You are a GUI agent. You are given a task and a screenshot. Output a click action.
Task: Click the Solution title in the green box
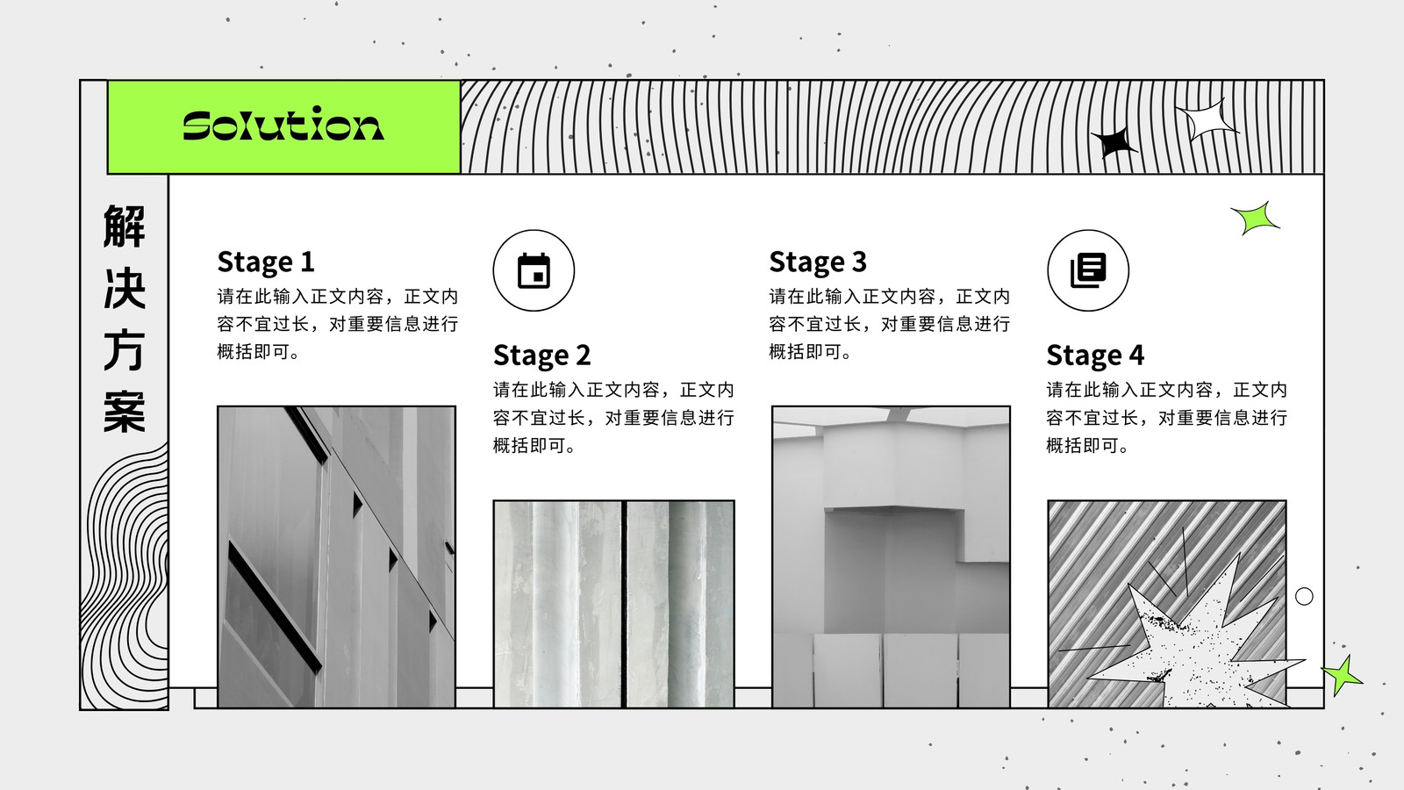coord(283,124)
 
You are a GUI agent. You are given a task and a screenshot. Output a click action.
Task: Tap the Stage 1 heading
coord(266,262)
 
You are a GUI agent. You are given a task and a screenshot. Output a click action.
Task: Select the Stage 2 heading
coord(542,355)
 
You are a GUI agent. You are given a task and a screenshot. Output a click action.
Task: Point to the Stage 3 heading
coord(818,262)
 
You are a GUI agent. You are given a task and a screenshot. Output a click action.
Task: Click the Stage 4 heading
coord(1095,355)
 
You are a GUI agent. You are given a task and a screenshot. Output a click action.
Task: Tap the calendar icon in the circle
coord(534,271)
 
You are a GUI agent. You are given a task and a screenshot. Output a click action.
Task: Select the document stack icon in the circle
coord(1088,271)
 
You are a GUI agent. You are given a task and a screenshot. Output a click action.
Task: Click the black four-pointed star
coord(1114,142)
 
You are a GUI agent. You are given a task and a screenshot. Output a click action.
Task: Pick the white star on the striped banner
coord(1207,119)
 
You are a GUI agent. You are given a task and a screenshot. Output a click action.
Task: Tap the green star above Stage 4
coord(1256,219)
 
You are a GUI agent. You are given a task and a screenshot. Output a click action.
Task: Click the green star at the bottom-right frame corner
coord(1342,675)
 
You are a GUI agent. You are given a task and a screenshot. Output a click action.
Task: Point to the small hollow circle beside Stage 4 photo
coord(1304,596)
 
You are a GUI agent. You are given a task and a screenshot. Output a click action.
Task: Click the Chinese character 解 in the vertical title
coord(124,226)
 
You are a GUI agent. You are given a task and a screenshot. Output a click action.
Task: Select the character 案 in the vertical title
coord(124,412)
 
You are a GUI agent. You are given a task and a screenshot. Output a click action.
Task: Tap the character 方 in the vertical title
coord(124,349)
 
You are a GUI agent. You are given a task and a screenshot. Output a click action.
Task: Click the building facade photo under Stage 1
coord(337,557)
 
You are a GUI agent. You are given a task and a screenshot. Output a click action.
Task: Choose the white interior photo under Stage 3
coord(891,557)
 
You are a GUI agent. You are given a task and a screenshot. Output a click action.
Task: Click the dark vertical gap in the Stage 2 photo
coord(624,605)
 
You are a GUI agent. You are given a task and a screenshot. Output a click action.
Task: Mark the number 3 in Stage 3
coord(859,262)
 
